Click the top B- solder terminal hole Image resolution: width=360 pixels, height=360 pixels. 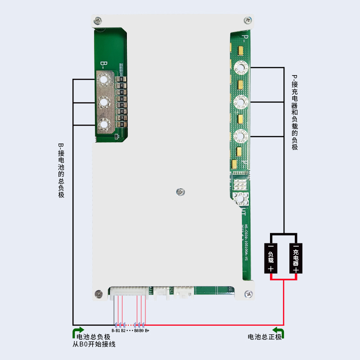[x=104, y=81]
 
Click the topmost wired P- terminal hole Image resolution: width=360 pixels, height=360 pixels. [x=241, y=68]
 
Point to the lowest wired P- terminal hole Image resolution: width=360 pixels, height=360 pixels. [x=241, y=135]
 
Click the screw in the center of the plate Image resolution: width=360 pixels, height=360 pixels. [x=180, y=192]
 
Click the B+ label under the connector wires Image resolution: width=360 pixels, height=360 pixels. [x=147, y=331]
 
